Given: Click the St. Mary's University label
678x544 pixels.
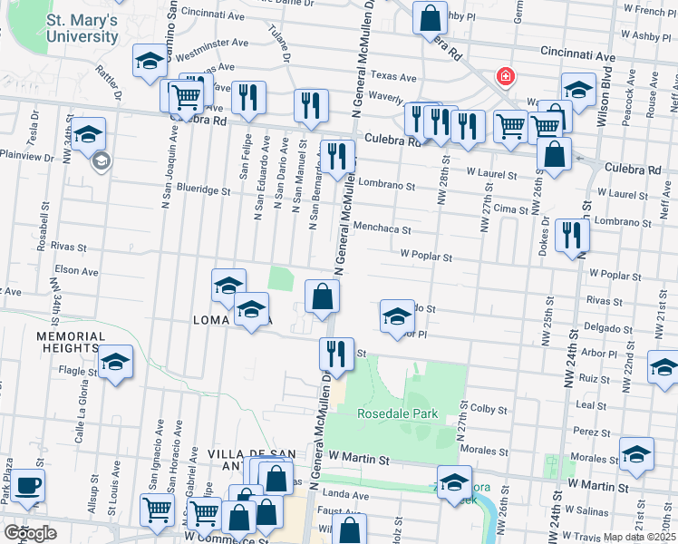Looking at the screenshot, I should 82,28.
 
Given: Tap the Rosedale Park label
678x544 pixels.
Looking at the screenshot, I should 397,414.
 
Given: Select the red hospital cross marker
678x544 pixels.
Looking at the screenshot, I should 502,78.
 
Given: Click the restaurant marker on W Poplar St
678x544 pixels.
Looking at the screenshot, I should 572,235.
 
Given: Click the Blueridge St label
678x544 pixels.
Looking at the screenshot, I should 204,191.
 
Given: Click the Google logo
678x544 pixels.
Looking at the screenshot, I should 30,533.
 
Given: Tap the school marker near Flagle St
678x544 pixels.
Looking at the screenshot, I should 115,363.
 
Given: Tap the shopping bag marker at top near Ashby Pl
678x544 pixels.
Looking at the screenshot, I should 430,16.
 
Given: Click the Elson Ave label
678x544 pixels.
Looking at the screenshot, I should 76,270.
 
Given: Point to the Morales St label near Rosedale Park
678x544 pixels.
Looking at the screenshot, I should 483,451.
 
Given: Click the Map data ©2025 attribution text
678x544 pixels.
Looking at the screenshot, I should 640,537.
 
